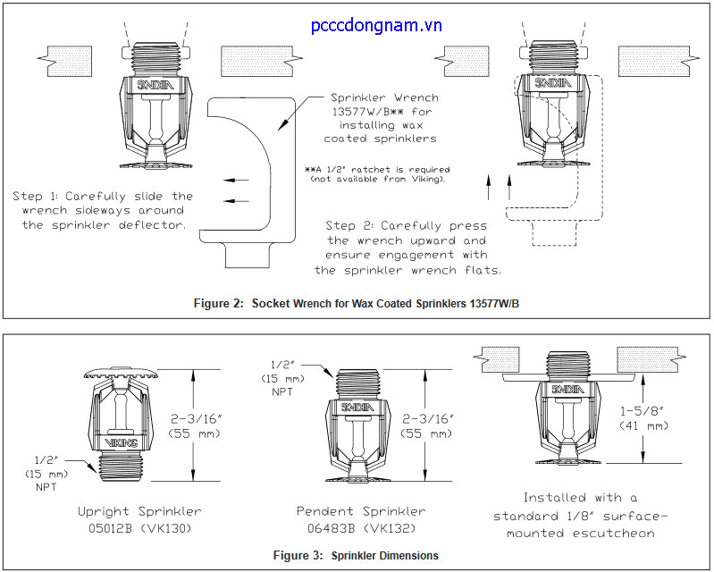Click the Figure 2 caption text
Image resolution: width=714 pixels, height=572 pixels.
pyautogui.click(x=357, y=304)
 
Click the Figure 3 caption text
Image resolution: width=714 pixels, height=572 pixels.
pyautogui.click(x=356, y=555)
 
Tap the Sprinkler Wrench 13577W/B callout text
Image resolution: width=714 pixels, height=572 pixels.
pyautogui.click(x=383, y=117)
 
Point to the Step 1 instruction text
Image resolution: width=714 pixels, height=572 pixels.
pyautogui.click(x=102, y=210)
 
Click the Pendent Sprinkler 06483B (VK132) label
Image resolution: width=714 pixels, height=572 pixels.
pyautogui.click(x=361, y=519)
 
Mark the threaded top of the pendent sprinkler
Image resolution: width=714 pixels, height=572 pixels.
pyautogui.click(x=358, y=383)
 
